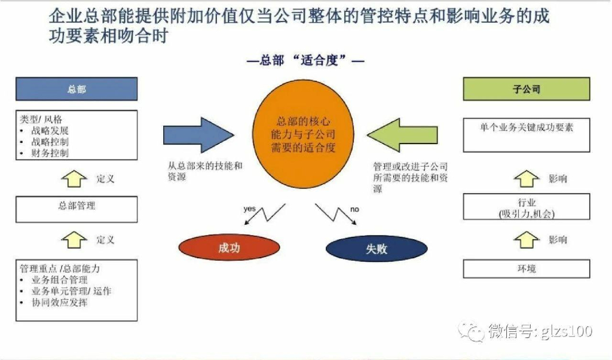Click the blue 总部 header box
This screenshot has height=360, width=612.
pos(76,89)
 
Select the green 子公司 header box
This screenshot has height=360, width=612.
pos(526,89)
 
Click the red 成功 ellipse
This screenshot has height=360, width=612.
pos(229,248)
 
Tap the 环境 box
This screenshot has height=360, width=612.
pos(526,269)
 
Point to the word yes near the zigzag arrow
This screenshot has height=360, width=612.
pos(250,209)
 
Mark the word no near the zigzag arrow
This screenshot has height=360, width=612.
pos(354,209)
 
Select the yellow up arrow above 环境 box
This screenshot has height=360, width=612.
pos(526,240)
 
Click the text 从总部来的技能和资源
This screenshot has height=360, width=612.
pos(204,172)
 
